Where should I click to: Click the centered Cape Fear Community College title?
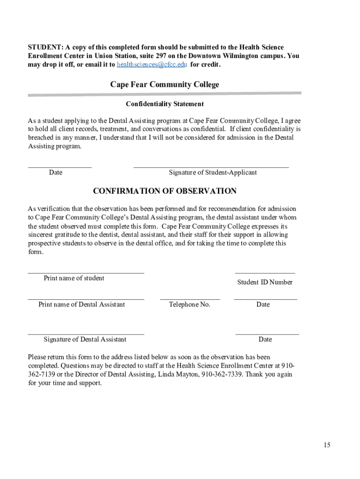pyautogui.click(x=165, y=85)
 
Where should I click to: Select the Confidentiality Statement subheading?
pyautogui.click(x=165, y=104)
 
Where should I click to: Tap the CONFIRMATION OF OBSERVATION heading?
pyautogui.click(x=165, y=191)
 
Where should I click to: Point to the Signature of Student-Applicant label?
pyautogui.click(x=213, y=173)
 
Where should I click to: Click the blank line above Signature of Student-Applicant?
pyautogui.click(x=211, y=166)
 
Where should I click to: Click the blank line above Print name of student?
pyautogui.click(x=86, y=272)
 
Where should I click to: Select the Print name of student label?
pyautogui.click(x=74, y=278)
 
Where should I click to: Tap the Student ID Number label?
pyautogui.click(x=265, y=282)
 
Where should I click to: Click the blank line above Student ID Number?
pyautogui.click(x=265, y=272)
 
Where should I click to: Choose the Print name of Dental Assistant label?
pyautogui.click(x=81, y=305)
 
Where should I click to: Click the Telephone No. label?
pyautogui.click(x=189, y=305)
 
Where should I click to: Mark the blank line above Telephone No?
pyautogui.click(x=189, y=298)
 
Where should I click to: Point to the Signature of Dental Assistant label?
pyautogui.click(x=85, y=340)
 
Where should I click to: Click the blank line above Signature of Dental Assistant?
pyautogui.click(x=86, y=334)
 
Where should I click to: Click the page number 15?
pyautogui.click(x=326, y=445)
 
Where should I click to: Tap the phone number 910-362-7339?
pyautogui.click(x=222, y=375)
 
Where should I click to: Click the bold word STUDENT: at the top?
pyautogui.click(x=45, y=48)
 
